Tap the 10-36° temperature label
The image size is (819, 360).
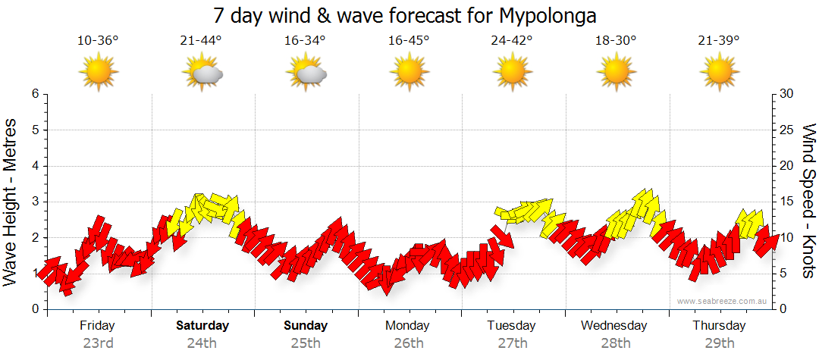(x=98, y=41)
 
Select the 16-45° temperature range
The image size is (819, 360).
(x=409, y=41)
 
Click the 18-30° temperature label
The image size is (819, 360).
(x=616, y=41)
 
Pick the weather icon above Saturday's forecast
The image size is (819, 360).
(x=202, y=73)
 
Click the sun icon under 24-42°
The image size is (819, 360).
(x=512, y=73)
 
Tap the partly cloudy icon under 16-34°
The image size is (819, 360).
(x=306, y=73)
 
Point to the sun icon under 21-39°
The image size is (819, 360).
(x=719, y=73)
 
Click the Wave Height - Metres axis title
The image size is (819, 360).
(x=11, y=202)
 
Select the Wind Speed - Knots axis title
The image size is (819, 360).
(x=808, y=202)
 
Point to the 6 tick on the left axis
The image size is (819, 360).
(x=35, y=94)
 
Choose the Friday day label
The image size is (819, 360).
(x=98, y=326)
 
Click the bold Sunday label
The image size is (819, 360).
(x=306, y=326)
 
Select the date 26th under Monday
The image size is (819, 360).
(x=409, y=343)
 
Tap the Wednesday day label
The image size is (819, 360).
(x=614, y=326)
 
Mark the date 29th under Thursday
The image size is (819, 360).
(x=719, y=343)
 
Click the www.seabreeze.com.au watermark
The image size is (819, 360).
(x=723, y=302)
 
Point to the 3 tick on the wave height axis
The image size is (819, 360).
(x=35, y=202)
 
